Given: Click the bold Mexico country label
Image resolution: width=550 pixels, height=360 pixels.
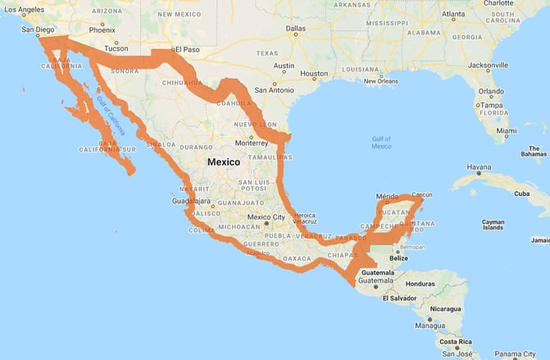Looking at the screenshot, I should [x=224, y=162].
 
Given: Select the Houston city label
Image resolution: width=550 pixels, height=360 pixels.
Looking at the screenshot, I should [x=314, y=74].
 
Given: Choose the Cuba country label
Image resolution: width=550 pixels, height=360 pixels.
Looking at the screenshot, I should [x=521, y=194].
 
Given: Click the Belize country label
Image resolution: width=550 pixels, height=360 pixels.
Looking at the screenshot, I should [x=398, y=258].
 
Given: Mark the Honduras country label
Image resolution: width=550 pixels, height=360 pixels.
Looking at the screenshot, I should [x=420, y=284].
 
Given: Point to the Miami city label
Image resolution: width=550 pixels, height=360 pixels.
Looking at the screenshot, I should [x=507, y=130].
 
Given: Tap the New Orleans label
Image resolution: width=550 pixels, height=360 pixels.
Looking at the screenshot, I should [x=380, y=80].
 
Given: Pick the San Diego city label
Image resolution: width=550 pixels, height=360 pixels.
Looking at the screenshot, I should [x=38, y=30].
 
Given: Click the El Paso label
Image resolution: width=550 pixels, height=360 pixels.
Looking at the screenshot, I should [x=185, y=51].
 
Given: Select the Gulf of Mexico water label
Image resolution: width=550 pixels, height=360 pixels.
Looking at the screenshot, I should [x=381, y=143].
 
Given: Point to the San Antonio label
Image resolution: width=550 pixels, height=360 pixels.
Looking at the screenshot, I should [x=277, y=89].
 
